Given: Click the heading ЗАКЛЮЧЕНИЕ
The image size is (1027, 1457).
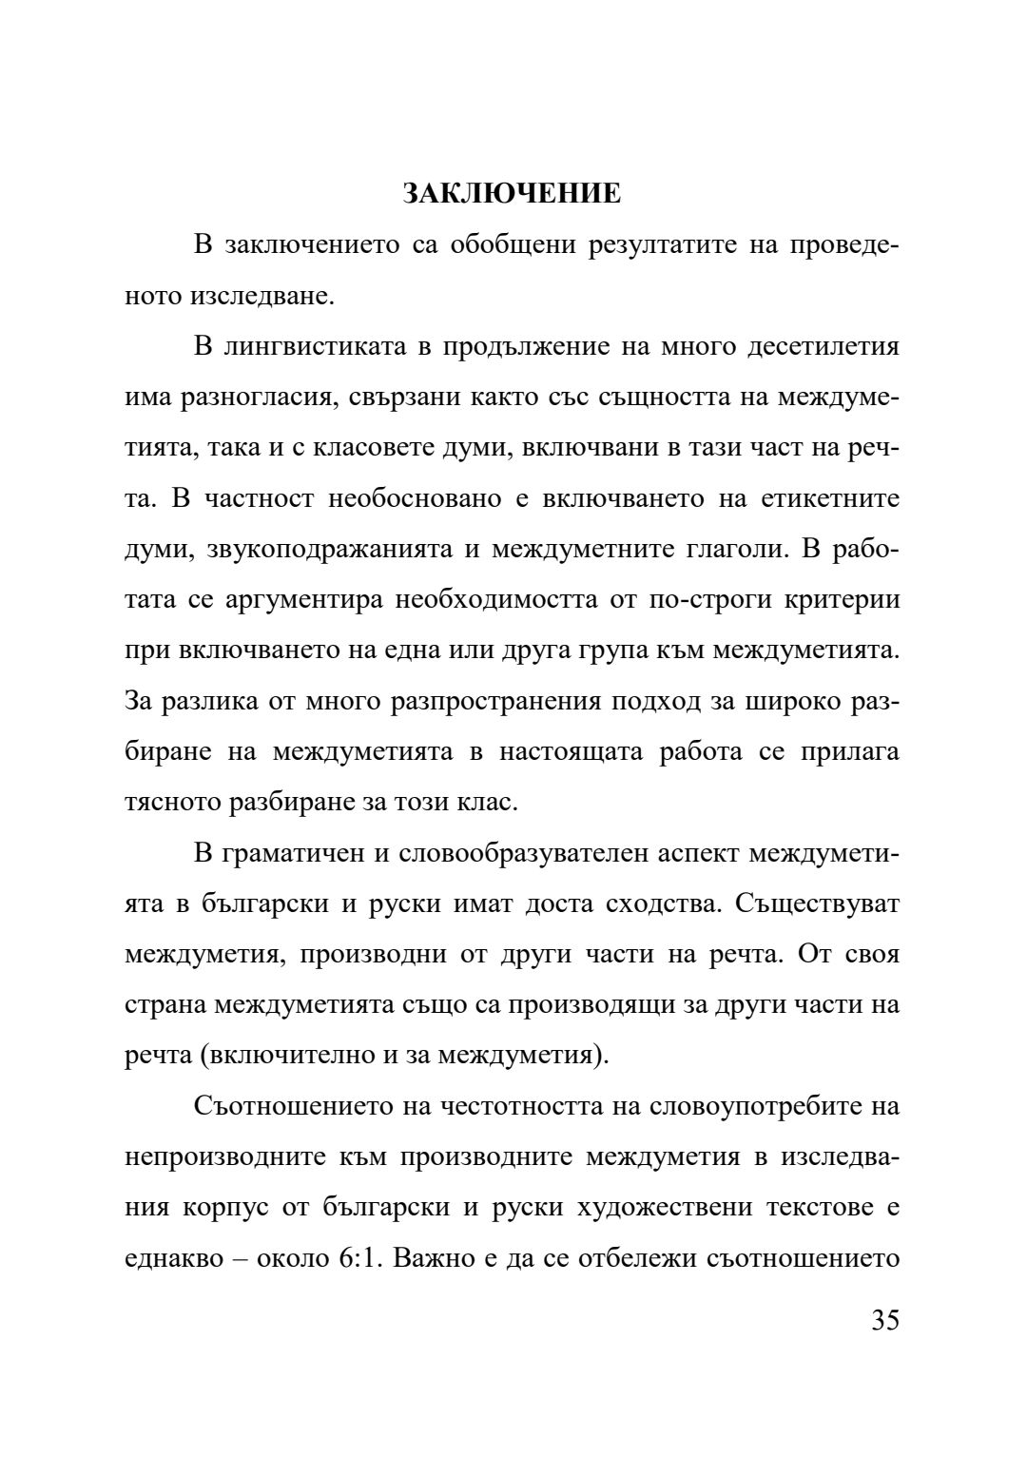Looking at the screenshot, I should tap(512, 194).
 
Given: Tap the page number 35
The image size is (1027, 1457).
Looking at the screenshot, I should tap(884, 1321).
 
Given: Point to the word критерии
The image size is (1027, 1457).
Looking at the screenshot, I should tap(843, 600).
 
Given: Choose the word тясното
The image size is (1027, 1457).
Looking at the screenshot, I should tap(173, 802).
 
